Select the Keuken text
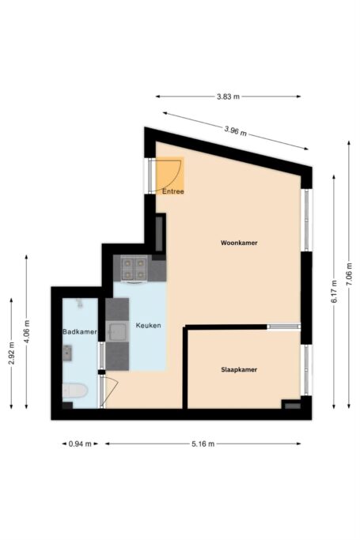point(148,326)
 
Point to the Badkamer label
point(79,332)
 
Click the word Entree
point(173,191)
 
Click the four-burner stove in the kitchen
point(133,268)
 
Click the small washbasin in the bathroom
point(67,351)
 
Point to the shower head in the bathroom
point(79,304)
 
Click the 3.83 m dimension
point(228,96)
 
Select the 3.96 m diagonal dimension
point(235,130)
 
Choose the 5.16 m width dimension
point(203,444)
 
